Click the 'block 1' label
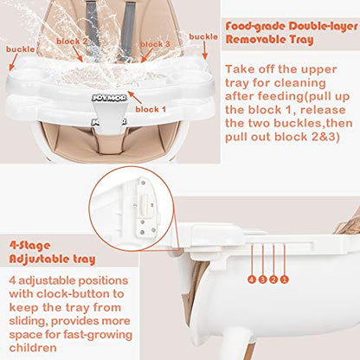[151, 110]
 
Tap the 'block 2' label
[72, 42]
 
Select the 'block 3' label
[155, 44]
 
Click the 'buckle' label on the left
[21, 49]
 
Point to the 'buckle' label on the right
[203, 37]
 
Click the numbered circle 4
[252, 280]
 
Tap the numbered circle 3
[262, 280]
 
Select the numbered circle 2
[273, 280]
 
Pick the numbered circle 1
[285, 280]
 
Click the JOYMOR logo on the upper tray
[109, 98]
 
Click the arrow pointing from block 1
[135, 98]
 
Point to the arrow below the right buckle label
[205, 50]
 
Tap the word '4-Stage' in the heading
[29, 246]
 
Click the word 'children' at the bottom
[33, 348]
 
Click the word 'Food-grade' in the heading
[255, 27]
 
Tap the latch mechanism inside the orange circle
[145, 206]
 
